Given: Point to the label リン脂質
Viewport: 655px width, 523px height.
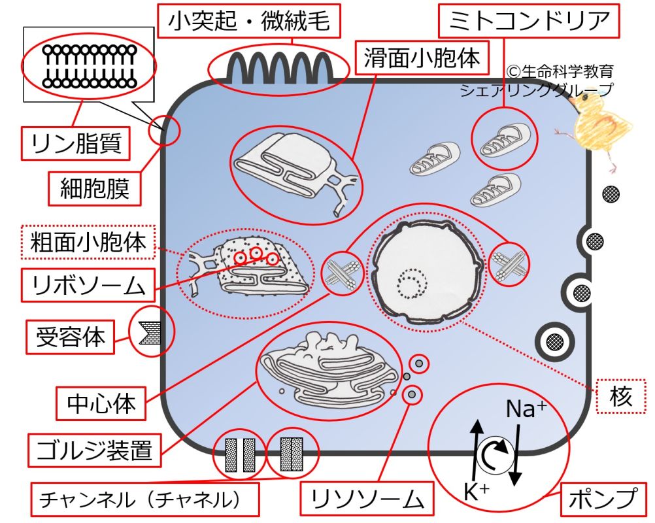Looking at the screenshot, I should [x=75, y=143].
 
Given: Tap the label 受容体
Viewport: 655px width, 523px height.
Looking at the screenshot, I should [x=67, y=337].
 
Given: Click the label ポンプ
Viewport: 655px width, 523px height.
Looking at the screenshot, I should [x=602, y=499].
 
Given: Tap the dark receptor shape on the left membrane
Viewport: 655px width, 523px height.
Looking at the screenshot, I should [x=149, y=333].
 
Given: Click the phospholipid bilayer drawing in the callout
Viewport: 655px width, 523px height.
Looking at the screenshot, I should [x=90, y=66].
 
